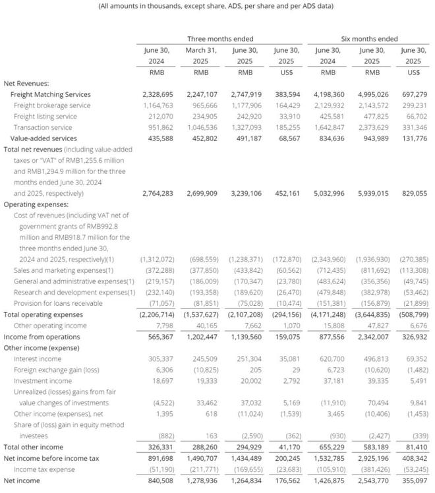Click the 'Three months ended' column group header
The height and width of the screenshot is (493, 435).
coord(220,39)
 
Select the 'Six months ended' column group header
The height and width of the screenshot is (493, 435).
coord(369,39)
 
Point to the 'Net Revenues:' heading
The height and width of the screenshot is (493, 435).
coord(26,83)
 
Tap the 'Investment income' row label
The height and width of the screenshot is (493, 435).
coord(42,381)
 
